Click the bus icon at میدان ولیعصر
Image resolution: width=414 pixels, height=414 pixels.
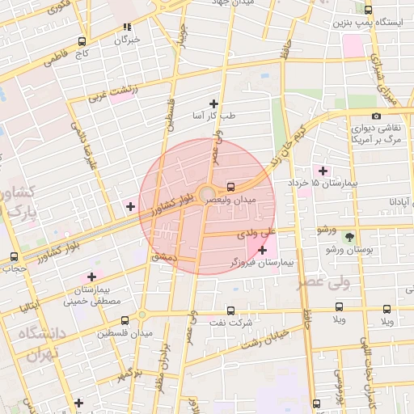pyautogui.click(x=231, y=186)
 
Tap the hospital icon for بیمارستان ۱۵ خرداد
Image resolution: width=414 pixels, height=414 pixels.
pyautogui.click(x=323, y=171)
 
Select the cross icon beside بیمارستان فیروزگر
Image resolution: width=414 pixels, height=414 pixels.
pyautogui.click(x=262, y=251)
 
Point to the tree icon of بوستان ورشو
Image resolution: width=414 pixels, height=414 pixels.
pyautogui.click(x=349, y=237)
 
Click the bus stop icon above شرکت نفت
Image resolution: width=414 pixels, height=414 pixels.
pyautogui.click(x=231, y=310)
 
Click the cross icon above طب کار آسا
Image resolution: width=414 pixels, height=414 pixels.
pyautogui.click(x=213, y=103)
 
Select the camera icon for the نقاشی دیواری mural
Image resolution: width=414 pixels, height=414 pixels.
pyautogui.click(x=376, y=116)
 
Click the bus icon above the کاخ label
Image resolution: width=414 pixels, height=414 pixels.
pyautogui.click(x=82, y=40)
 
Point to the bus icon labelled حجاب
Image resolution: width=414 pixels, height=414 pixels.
pyautogui.click(x=13, y=256)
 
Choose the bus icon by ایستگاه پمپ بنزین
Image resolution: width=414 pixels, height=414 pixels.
pyautogui.click(x=369, y=11)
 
